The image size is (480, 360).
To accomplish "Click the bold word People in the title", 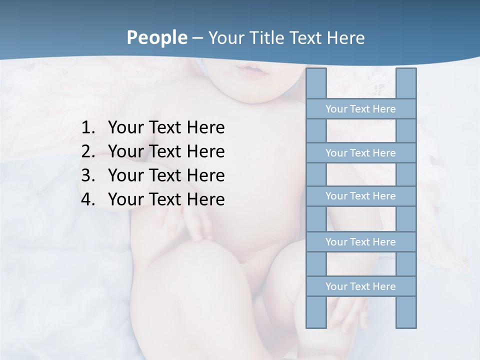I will [156, 37].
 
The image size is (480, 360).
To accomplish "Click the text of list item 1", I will [166, 127].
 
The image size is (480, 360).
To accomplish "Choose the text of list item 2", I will [166, 151].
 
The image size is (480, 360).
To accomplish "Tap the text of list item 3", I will [166, 175].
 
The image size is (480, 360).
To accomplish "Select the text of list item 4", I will [166, 199].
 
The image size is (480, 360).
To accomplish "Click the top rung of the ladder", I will [361, 109].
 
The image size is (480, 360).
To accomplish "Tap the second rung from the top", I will [361, 153].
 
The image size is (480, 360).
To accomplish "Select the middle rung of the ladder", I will [361, 196].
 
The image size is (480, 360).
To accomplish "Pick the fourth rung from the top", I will [361, 242].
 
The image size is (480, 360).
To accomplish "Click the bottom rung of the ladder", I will [361, 286].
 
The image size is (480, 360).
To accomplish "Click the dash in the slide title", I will [197, 38].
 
